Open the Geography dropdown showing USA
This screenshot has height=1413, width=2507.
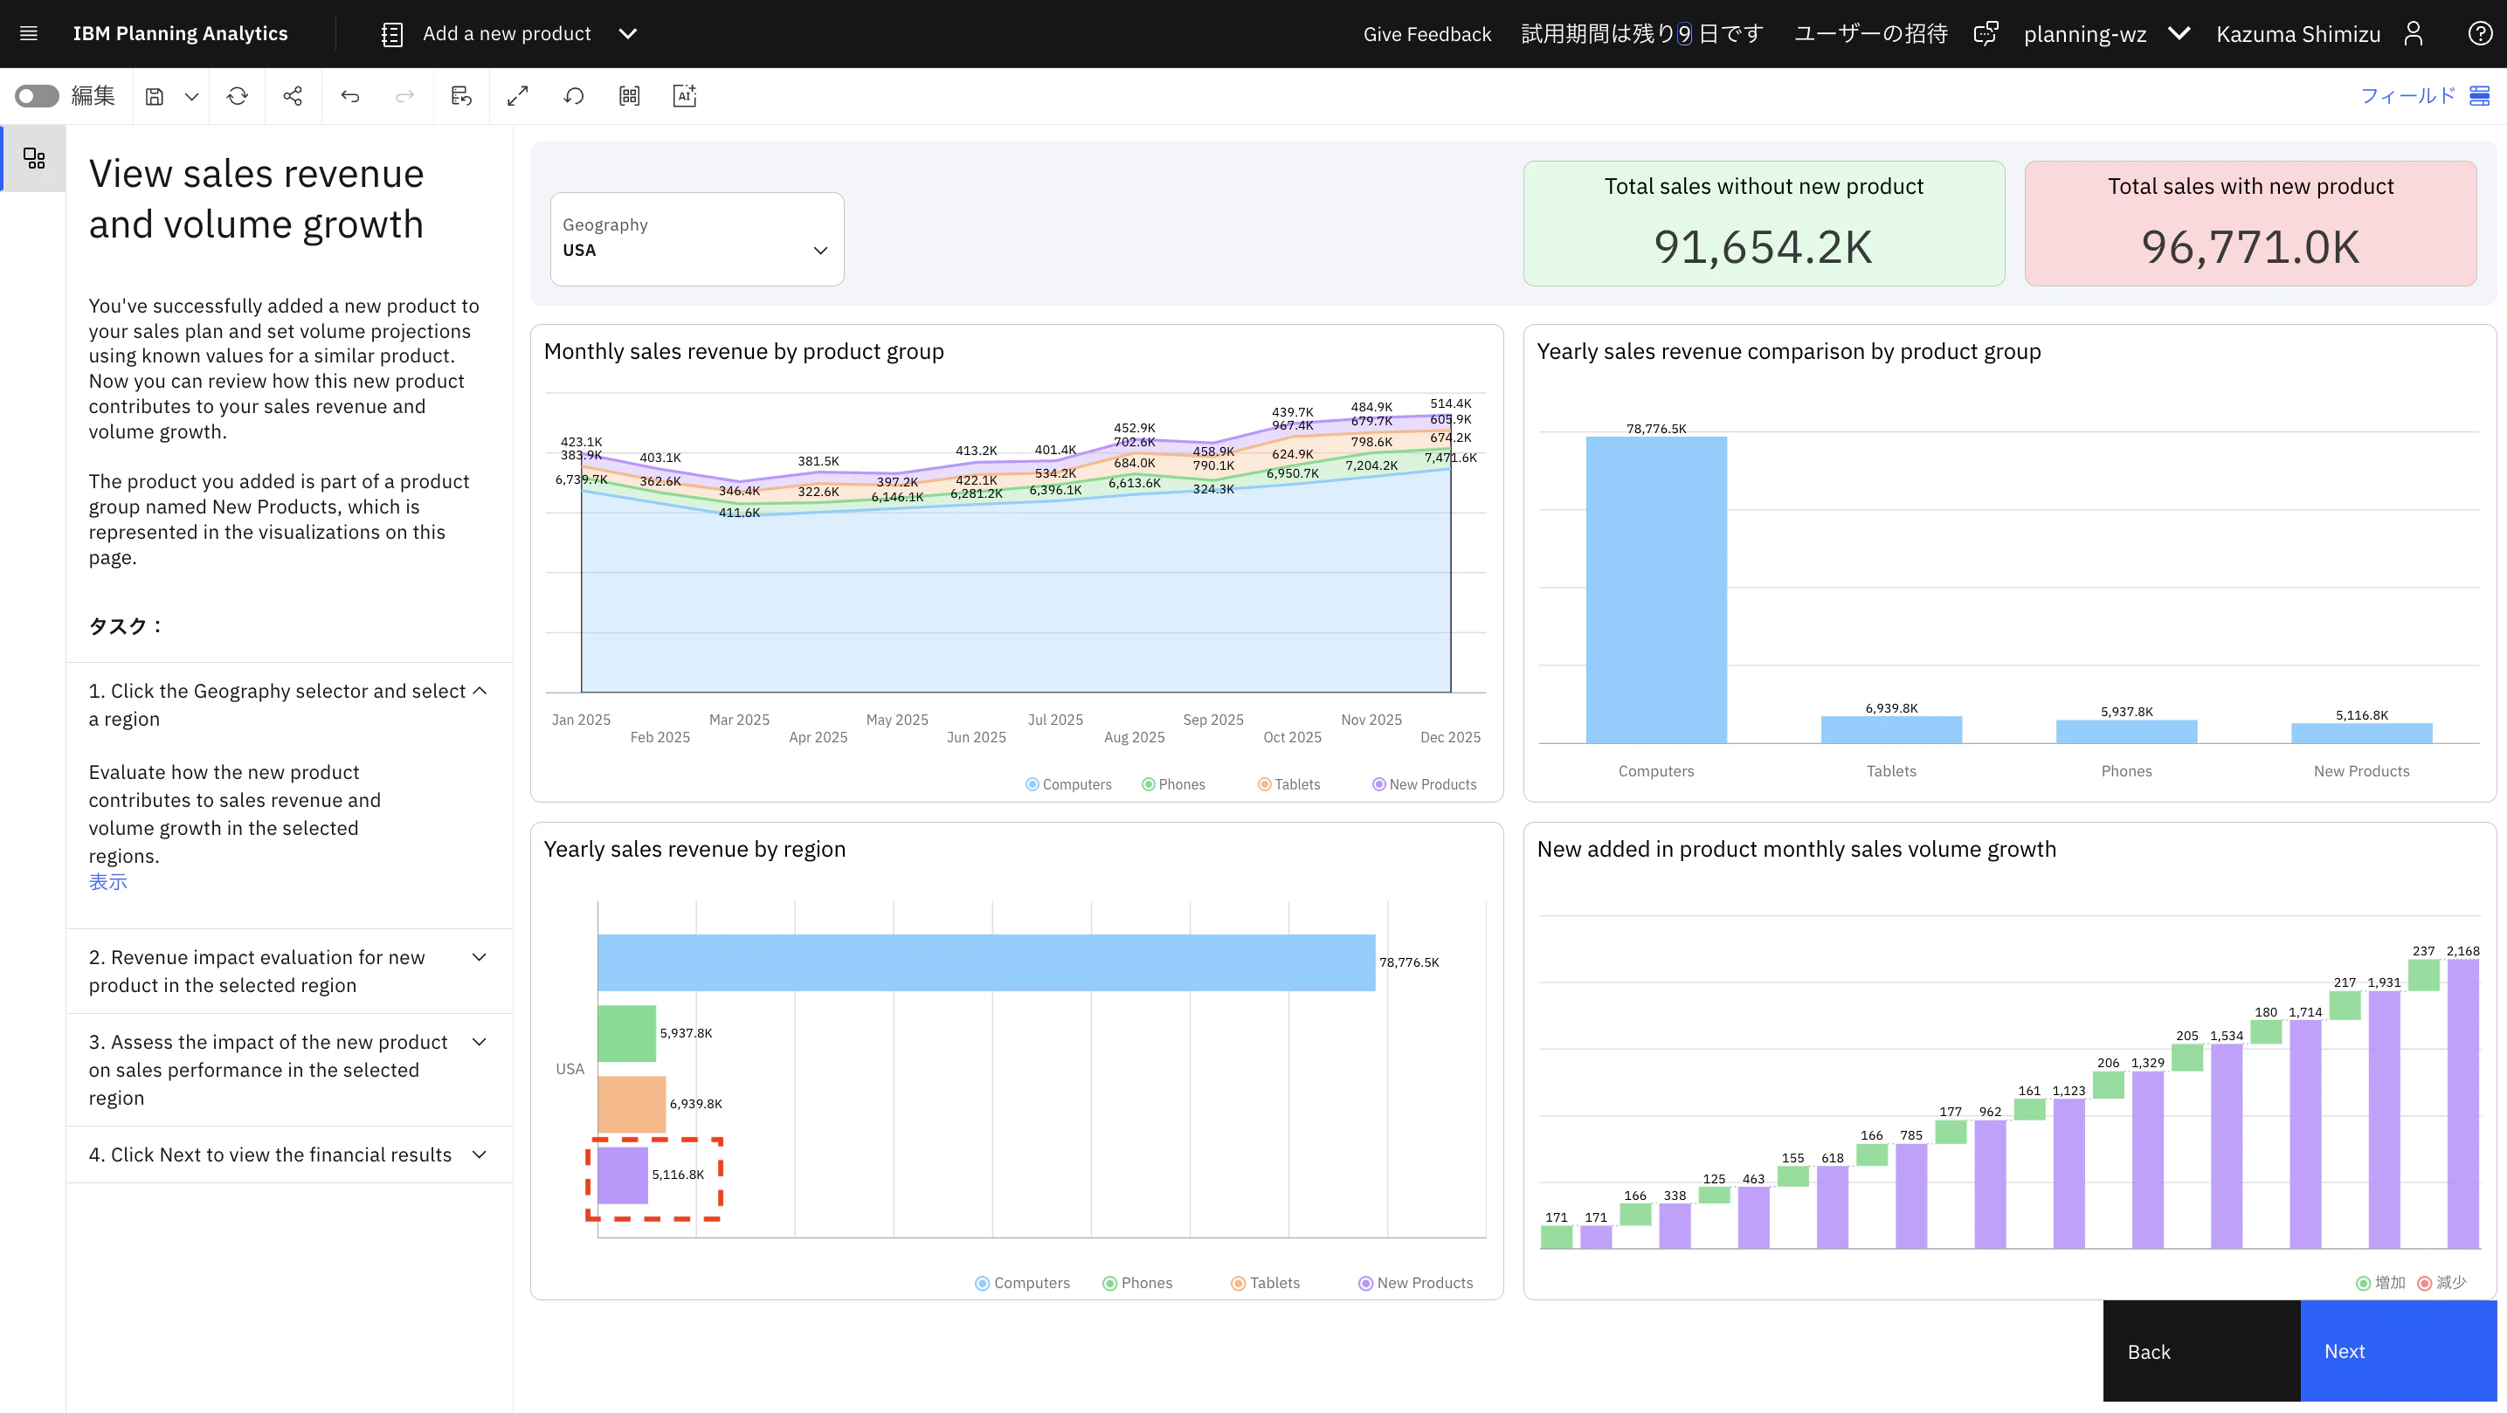(x=697, y=238)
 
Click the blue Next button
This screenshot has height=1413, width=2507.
(x=2398, y=1351)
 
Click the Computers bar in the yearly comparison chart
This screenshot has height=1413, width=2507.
(x=1656, y=589)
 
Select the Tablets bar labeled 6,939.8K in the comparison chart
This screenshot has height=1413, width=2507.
(x=1891, y=730)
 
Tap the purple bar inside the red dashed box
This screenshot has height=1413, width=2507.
(x=623, y=1175)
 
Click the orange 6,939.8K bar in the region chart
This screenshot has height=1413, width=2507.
(x=632, y=1104)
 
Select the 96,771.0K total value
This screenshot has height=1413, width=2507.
(x=2250, y=247)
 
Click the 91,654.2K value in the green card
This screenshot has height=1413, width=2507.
(x=1763, y=247)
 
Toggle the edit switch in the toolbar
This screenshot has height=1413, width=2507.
(x=37, y=95)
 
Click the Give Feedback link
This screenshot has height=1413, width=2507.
(x=1426, y=34)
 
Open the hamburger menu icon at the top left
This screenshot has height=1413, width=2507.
(x=29, y=34)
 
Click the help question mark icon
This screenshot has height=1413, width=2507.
(x=2480, y=34)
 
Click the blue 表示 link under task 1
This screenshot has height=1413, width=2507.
(x=108, y=882)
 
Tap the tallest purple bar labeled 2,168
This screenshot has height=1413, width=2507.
(x=2463, y=1104)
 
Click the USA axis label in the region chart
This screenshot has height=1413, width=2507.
(x=570, y=1069)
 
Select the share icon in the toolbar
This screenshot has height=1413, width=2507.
(x=293, y=95)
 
